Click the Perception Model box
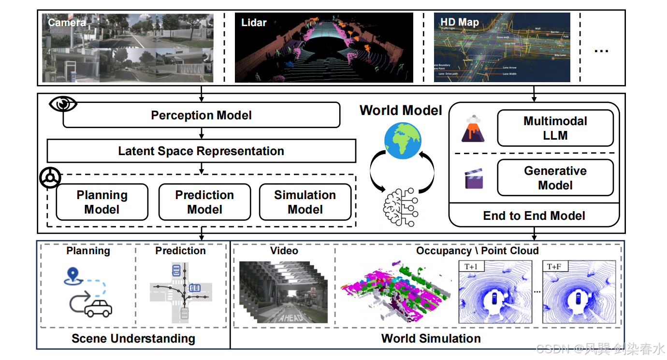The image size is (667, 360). (x=202, y=115)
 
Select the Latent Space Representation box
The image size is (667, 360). (x=201, y=151)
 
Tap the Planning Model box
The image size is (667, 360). (x=102, y=202)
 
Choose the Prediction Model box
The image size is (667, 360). (x=204, y=202)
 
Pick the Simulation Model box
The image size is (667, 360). (x=305, y=202)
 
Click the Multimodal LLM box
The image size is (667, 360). (x=555, y=128)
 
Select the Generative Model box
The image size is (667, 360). (x=555, y=178)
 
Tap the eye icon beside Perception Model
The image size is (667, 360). (x=63, y=104)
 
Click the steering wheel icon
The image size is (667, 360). (x=50, y=178)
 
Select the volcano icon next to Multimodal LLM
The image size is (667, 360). (x=473, y=129)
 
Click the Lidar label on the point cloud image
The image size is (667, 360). (x=254, y=22)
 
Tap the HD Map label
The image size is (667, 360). (x=459, y=22)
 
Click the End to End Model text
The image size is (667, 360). (x=534, y=216)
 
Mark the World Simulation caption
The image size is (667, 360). (x=431, y=338)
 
